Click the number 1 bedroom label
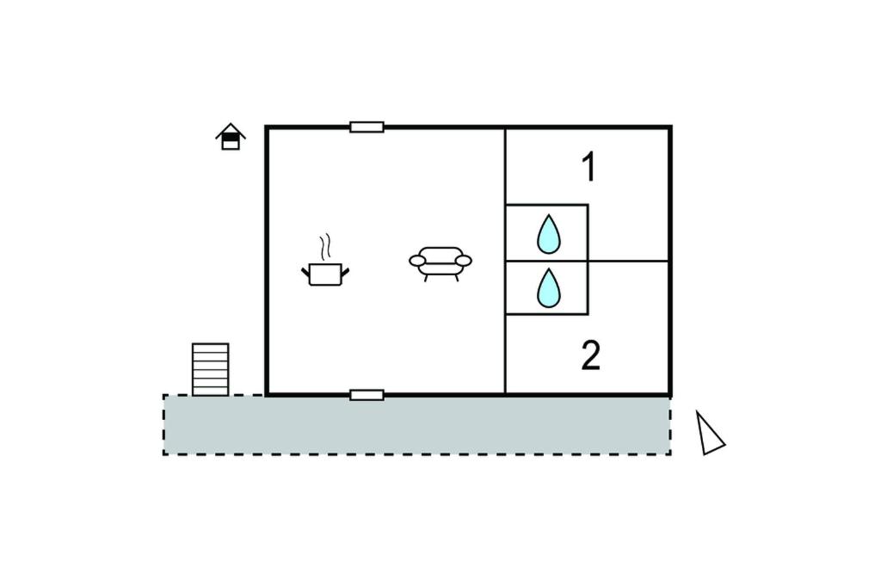point(588,167)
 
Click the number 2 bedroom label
point(590,355)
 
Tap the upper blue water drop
point(548,234)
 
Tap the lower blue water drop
point(548,287)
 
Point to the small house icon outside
point(231,137)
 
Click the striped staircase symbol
point(210,369)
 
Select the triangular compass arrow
point(709,434)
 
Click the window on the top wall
point(367,127)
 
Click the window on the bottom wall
point(367,395)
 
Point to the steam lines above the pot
point(324,247)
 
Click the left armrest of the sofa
point(417,260)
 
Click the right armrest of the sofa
point(464,260)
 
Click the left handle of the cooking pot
point(306,273)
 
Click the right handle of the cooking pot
point(345,273)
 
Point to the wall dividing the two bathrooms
point(546,262)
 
